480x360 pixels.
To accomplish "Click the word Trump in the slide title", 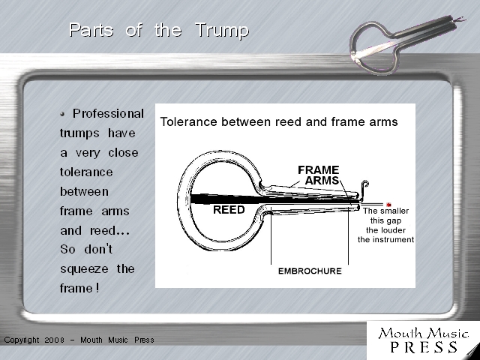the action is tap(222, 31).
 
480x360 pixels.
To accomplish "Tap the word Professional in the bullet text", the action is tap(108, 113).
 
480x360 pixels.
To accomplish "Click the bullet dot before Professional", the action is tap(62, 114).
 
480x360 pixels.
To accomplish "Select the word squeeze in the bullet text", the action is tap(84, 269).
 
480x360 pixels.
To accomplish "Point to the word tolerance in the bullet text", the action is tap(86, 172).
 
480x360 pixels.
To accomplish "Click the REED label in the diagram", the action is tap(229, 210).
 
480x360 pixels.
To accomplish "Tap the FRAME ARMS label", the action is tap(319, 175).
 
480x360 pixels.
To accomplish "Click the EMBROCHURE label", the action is tap(310, 271).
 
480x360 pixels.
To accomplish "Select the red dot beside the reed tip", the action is tap(388, 205).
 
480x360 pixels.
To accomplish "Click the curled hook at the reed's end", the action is tap(364, 187).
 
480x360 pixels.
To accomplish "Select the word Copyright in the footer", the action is tap(22, 340).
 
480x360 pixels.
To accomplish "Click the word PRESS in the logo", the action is tap(424, 346).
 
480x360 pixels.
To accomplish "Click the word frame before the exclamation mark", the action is tap(76, 288).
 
